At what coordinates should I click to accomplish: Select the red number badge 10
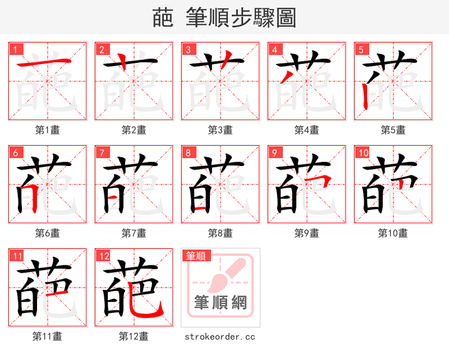pyautogui.click(x=363, y=153)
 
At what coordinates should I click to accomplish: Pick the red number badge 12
pyautogui.click(x=103, y=256)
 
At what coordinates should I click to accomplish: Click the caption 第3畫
pyautogui.click(x=220, y=130)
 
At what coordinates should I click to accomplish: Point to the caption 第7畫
pyautogui.click(x=134, y=233)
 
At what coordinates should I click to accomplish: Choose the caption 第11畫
pyautogui.click(x=47, y=336)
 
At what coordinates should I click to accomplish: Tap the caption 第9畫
pyautogui.click(x=306, y=233)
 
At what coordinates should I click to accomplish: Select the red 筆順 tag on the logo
pyautogui.click(x=196, y=256)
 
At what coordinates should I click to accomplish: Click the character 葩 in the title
pyautogui.click(x=163, y=19)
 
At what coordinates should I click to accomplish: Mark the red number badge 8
pyautogui.click(x=190, y=153)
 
